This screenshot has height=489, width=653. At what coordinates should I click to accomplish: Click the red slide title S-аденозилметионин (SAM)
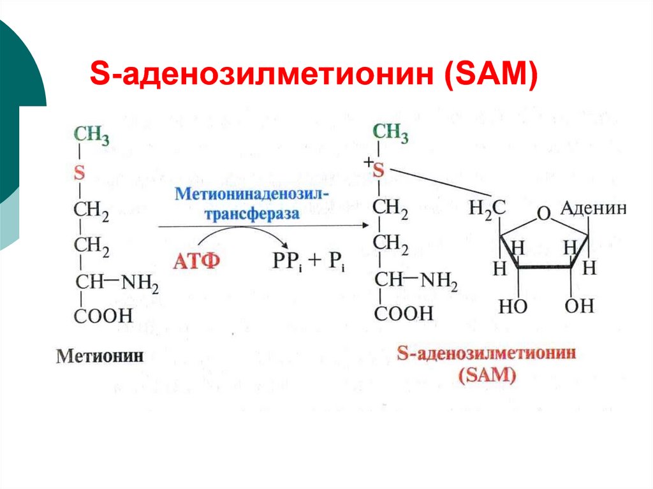coord(314,75)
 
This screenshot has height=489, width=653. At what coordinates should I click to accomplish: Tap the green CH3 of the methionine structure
coord(91,136)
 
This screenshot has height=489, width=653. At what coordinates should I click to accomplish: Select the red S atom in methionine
coord(79,172)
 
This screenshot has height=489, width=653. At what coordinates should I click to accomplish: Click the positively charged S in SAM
coord(378,170)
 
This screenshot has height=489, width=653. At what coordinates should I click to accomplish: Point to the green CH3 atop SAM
coord(390,133)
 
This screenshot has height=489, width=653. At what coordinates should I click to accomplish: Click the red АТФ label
coord(196,261)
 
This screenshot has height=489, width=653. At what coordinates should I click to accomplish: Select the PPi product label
coord(287,261)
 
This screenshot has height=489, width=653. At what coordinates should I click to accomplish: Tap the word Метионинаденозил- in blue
coord(251,194)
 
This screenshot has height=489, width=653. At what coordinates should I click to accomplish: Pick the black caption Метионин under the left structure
coord(99,356)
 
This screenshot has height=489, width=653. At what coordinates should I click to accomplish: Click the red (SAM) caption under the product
coord(487,375)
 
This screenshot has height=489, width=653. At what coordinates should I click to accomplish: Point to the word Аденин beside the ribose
coord(594,208)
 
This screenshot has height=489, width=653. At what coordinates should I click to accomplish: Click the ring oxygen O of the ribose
coord(543,214)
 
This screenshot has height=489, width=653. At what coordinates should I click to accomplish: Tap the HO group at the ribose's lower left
coord(513,307)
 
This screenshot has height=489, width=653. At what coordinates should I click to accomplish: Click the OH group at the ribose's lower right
coord(579,306)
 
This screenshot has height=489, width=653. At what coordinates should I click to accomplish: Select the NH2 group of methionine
coord(140,284)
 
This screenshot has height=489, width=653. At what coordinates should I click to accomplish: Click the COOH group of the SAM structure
coord(404,313)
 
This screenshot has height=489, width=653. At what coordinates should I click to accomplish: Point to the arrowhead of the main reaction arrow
coord(366,225)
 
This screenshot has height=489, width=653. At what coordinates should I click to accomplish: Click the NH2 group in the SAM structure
coord(439,281)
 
